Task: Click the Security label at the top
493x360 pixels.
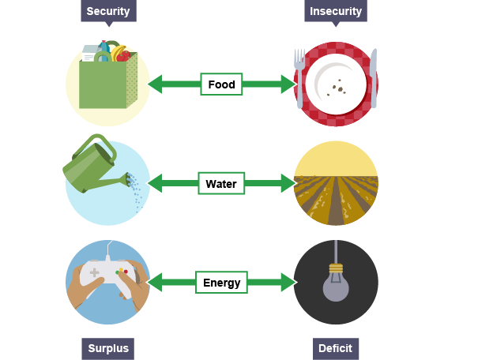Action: click(x=108, y=11)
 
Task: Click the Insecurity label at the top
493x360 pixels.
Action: click(x=336, y=11)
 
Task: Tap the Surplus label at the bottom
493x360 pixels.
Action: click(x=108, y=348)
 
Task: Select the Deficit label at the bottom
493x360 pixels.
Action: click(x=335, y=348)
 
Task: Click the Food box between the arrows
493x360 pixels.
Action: click(x=221, y=84)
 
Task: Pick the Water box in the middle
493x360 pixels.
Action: click(x=221, y=184)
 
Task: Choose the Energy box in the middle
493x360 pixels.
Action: click(x=221, y=283)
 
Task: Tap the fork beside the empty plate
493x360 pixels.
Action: click(x=299, y=77)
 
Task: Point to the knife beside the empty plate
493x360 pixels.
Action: click(x=373, y=77)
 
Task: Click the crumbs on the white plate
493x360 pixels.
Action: click(x=340, y=88)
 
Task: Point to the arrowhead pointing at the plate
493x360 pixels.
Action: click(x=288, y=84)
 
